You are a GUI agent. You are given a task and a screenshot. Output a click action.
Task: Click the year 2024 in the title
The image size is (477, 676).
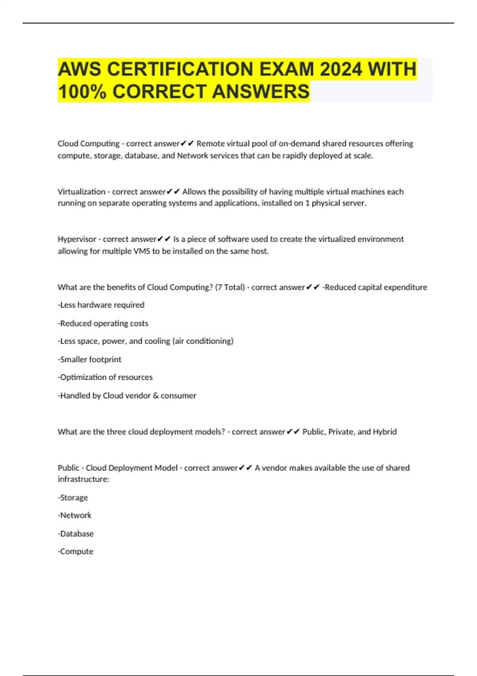[341, 69]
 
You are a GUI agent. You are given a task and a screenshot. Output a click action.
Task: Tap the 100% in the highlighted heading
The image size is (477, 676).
[82, 91]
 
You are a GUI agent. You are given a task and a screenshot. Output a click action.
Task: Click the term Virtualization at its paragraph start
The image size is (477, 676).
[81, 192]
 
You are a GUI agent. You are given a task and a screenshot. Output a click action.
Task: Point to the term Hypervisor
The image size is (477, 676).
[77, 239]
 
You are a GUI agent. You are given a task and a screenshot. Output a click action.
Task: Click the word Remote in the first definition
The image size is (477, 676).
[209, 144]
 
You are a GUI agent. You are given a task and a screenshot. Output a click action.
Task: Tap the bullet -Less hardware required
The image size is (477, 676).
[101, 305]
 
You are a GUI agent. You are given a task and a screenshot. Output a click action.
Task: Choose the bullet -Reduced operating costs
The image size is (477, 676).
[103, 323]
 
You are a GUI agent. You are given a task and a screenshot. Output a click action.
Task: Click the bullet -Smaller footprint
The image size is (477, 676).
[89, 359]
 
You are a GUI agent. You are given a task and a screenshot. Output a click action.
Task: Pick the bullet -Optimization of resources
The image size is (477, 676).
[105, 377]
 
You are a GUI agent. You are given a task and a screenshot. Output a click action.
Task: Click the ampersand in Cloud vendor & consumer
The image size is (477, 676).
[155, 396]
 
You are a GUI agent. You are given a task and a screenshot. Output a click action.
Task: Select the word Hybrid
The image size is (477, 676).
[384, 432]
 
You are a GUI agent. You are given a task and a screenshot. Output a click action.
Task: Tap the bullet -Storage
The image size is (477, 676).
[73, 497]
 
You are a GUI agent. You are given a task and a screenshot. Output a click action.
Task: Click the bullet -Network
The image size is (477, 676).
[75, 515]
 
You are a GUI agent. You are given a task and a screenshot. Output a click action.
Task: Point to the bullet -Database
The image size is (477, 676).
[76, 534]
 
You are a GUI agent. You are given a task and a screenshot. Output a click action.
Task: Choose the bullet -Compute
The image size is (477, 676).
[76, 552]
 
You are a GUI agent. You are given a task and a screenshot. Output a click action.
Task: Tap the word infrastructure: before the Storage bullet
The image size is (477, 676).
[83, 479]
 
